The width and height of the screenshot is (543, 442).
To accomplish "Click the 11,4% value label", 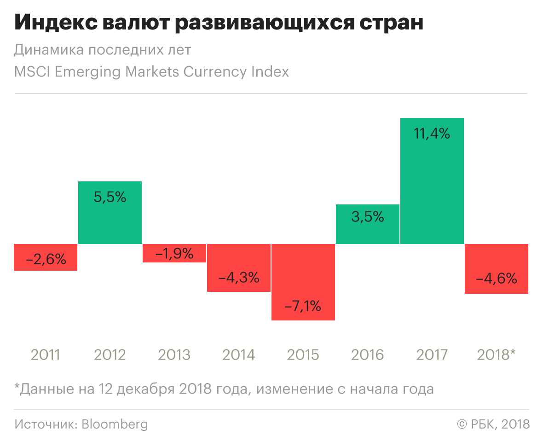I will tap(432, 134).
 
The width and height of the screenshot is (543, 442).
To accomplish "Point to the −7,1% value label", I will tap(303, 306).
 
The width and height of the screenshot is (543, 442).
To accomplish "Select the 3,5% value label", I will tap(368, 217).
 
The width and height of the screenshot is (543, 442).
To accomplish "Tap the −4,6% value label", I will tap(497, 279).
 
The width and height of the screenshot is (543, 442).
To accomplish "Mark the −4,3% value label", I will tap(239, 278).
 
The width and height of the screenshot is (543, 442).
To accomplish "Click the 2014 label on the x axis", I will tap(239, 355).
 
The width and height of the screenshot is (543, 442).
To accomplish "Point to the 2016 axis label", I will tap(368, 355).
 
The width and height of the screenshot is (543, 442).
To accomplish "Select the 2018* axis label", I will tap(497, 355).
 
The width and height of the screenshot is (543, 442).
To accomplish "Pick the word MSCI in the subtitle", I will tap(32, 72).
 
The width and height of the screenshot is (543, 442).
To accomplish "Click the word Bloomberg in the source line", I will tap(115, 424).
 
